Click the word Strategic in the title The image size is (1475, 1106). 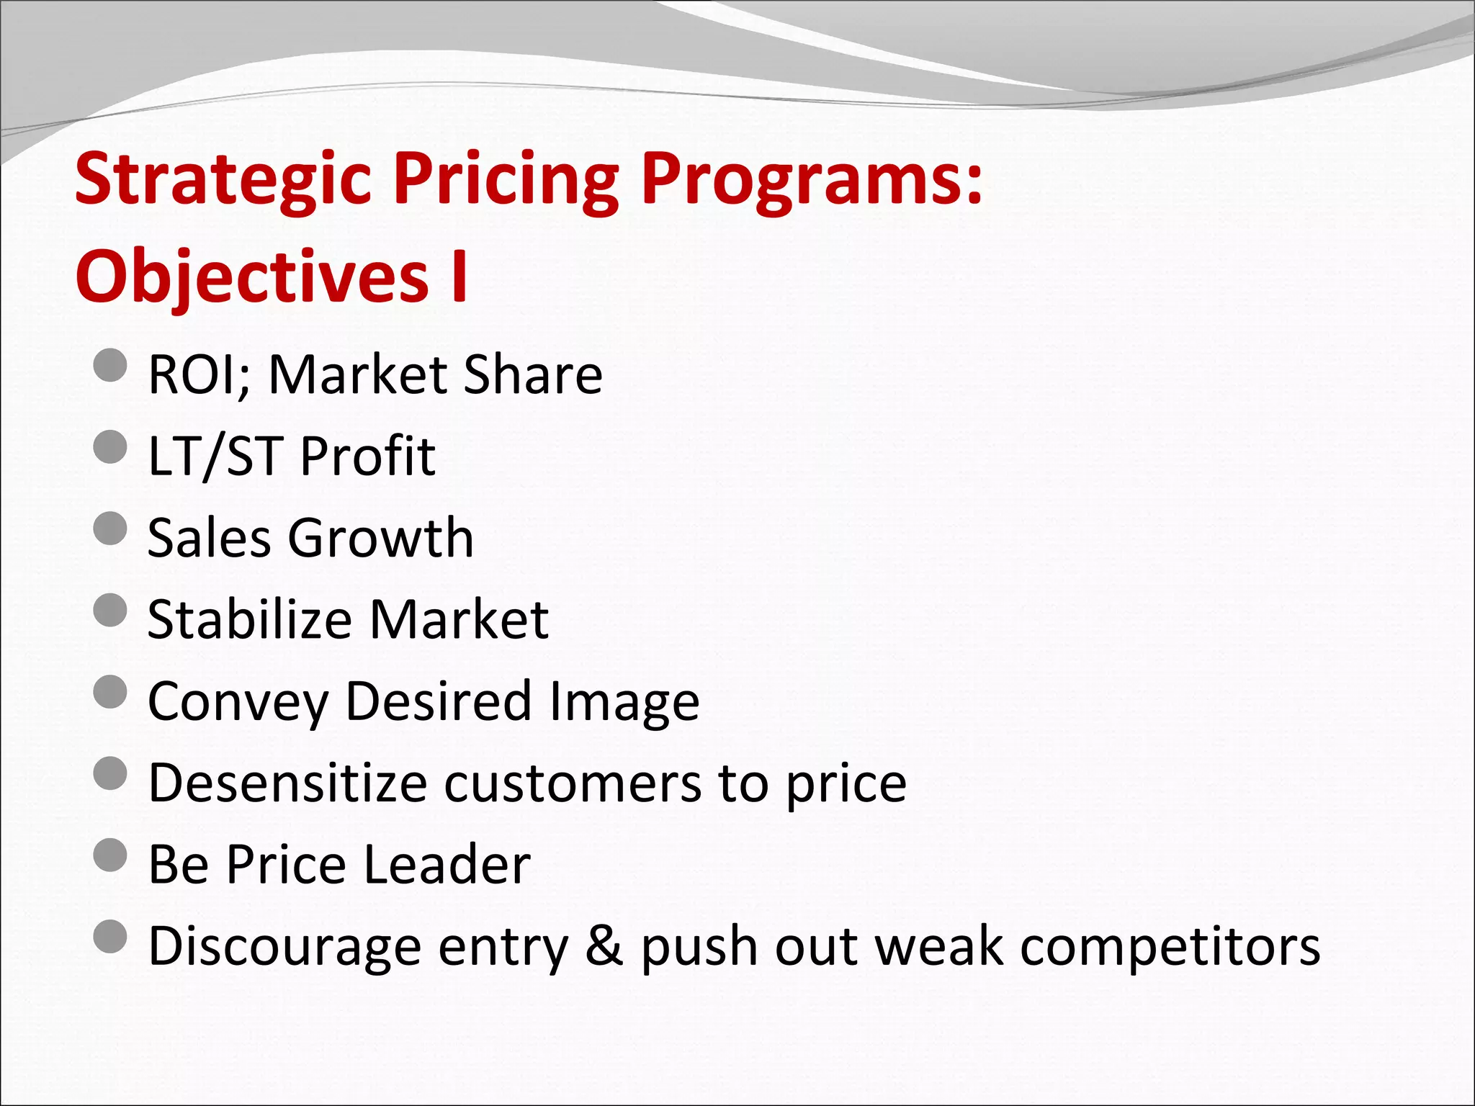(x=223, y=180)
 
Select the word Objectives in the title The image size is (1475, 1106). (x=252, y=277)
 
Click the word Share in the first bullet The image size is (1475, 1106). (x=532, y=375)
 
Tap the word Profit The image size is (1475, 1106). (x=367, y=457)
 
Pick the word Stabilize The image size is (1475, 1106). (x=249, y=619)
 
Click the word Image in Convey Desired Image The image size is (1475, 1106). (x=624, y=701)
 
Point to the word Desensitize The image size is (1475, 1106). (x=288, y=783)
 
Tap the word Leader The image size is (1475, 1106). (x=447, y=864)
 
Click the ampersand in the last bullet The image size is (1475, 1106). (x=604, y=945)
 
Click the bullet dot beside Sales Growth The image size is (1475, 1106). (x=110, y=529)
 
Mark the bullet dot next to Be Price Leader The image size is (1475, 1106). (x=110, y=855)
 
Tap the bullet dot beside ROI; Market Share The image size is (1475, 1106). (x=110, y=365)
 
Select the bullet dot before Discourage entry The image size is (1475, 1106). (x=110, y=936)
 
